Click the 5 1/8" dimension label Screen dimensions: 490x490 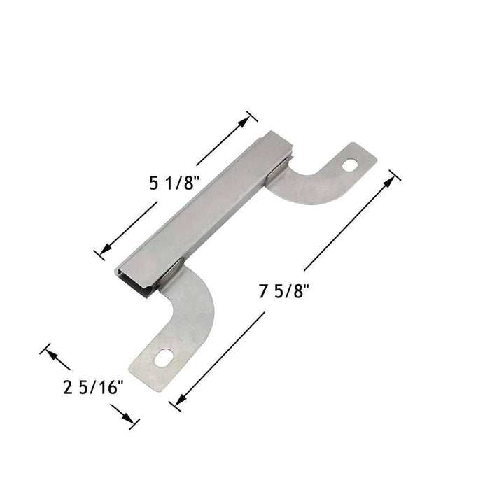(175, 184)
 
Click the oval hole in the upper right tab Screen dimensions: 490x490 (351, 164)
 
